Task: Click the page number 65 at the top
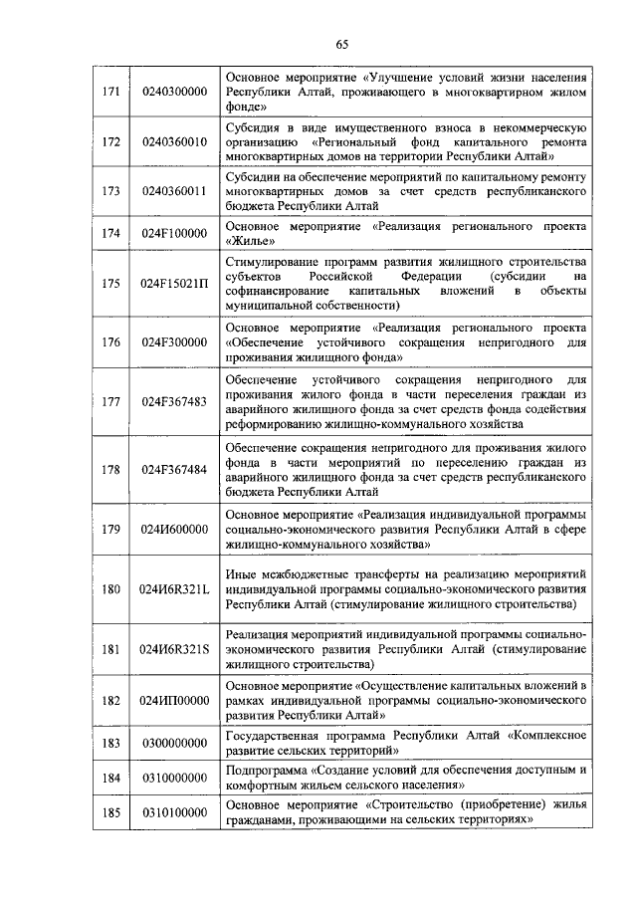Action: pyautogui.click(x=342, y=43)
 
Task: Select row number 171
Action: pyautogui.click(x=111, y=92)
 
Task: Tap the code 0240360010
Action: pyautogui.click(x=175, y=141)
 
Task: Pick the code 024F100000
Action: pyautogui.click(x=174, y=233)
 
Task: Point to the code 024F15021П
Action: pyautogui.click(x=175, y=283)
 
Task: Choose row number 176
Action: pyautogui.click(x=111, y=340)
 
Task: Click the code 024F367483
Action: pyautogui.click(x=174, y=401)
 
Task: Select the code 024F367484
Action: pyautogui.click(x=174, y=469)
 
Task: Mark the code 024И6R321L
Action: pyautogui.click(x=175, y=589)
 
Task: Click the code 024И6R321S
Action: pyautogui.click(x=175, y=649)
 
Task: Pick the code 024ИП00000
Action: pyautogui.click(x=175, y=700)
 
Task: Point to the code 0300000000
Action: pyautogui.click(x=175, y=743)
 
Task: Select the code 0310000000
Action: pyautogui.click(x=175, y=778)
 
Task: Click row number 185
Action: pyautogui.click(x=111, y=812)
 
